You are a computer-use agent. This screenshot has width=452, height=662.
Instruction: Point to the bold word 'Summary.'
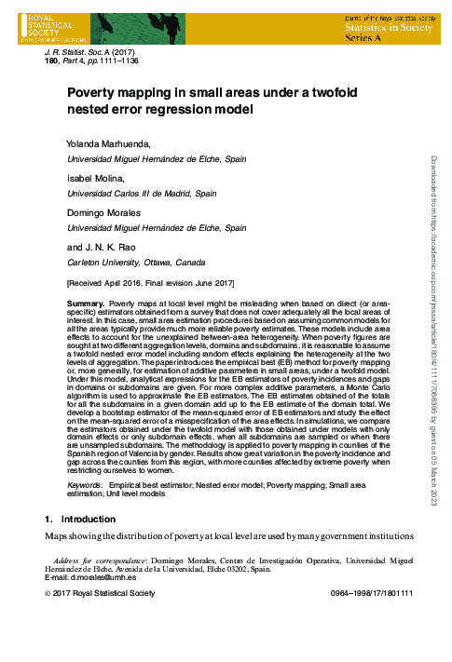[87, 304]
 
